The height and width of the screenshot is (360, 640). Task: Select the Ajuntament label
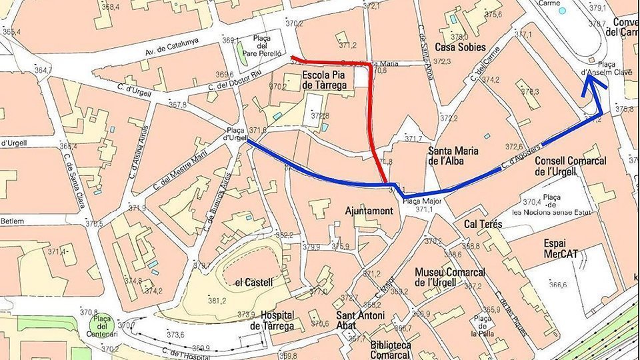pyautogui.click(x=369, y=211)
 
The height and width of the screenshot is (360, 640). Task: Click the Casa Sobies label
pyautogui.click(x=459, y=47)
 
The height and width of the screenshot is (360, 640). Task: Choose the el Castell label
pyautogui.click(x=254, y=282)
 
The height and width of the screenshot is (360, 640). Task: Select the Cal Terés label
pyautogui.click(x=483, y=225)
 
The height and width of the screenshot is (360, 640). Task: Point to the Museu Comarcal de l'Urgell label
pyautogui.click(x=449, y=277)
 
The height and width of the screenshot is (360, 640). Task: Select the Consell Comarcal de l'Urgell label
pyautogui.click(x=570, y=166)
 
